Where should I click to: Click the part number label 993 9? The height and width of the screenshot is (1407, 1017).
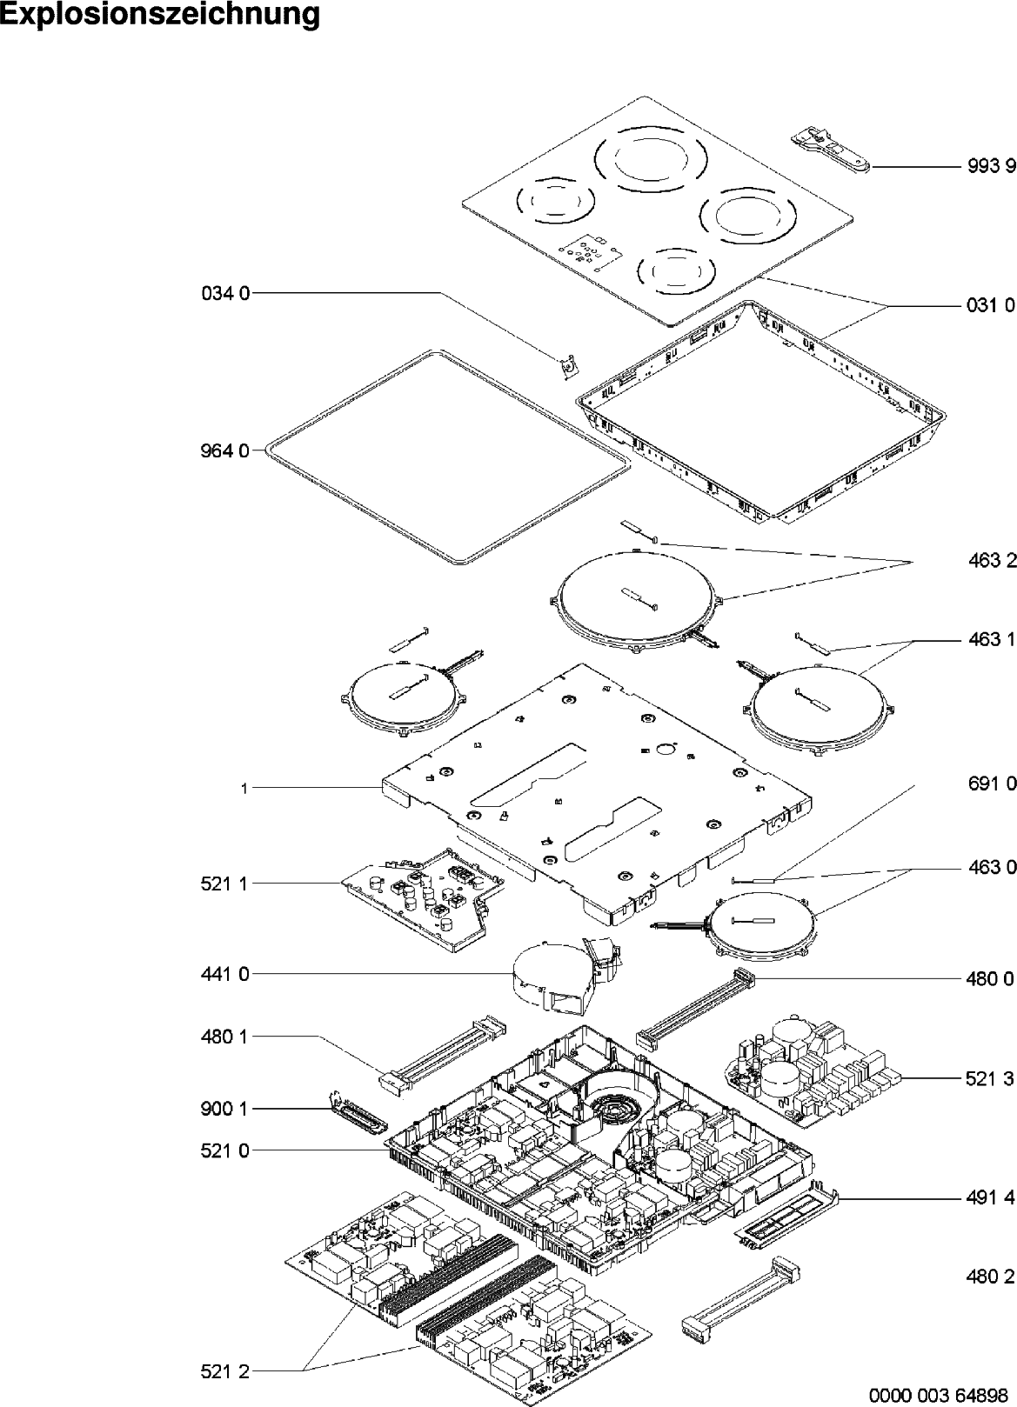(991, 166)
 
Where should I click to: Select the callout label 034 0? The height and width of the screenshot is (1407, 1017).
(225, 293)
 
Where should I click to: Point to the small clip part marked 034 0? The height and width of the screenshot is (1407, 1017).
(568, 366)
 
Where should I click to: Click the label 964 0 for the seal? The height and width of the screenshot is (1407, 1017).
(225, 451)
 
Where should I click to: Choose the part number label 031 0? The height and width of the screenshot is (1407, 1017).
(991, 306)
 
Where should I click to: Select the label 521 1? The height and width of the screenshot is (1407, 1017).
(225, 884)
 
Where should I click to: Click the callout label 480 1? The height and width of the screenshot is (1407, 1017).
(225, 1037)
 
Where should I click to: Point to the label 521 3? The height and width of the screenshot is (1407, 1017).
(991, 1079)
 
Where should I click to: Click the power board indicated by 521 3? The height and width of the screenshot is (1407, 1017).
(813, 1071)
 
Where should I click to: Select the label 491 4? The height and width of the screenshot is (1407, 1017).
(991, 1198)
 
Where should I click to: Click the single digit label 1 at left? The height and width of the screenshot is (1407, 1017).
(244, 789)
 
